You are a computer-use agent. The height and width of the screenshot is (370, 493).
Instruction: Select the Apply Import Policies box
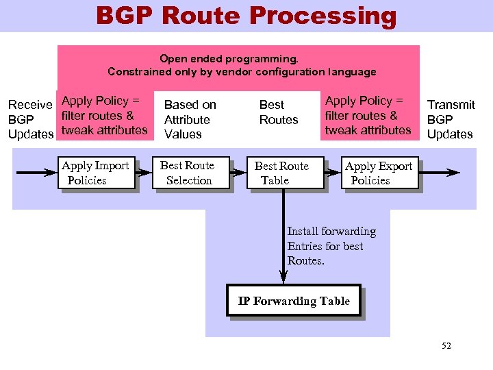pyautogui.click(x=96, y=173)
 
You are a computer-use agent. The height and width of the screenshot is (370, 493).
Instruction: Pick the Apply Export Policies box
pyautogui.click(x=379, y=173)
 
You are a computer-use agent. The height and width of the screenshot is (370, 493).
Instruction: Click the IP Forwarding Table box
pyautogui.click(x=294, y=301)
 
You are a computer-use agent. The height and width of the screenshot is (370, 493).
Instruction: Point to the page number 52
pyautogui.click(x=446, y=346)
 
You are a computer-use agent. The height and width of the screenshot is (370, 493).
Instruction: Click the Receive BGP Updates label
pyautogui.click(x=30, y=119)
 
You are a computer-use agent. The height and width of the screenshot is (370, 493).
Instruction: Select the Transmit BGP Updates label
pyautogui.click(x=451, y=119)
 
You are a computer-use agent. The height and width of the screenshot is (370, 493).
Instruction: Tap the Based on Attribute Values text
pyautogui.click(x=190, y=119)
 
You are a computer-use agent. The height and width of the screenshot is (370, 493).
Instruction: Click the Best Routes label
pyautogui.click(x=278, y=112)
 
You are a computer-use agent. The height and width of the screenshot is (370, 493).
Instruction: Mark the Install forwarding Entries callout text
pyautogui.click(x=331, y=246)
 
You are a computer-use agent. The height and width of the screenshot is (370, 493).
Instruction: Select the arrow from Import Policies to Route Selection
pyautogui.click(x=144, y=173)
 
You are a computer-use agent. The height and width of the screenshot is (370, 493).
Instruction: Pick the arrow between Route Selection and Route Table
pyautogui.click(x=238, y=173)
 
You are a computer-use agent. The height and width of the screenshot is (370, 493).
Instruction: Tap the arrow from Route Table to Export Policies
pyautogui.click(x=333, y=173)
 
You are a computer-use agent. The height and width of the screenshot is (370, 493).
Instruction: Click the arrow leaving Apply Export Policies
pyautogui.click(x=438, y=173)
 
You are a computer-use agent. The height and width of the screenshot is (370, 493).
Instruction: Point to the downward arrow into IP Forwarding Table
pyautogui.click(x=284, y=240)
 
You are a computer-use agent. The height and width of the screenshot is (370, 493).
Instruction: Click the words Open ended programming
pyautogui.click(x=229, y=59)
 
